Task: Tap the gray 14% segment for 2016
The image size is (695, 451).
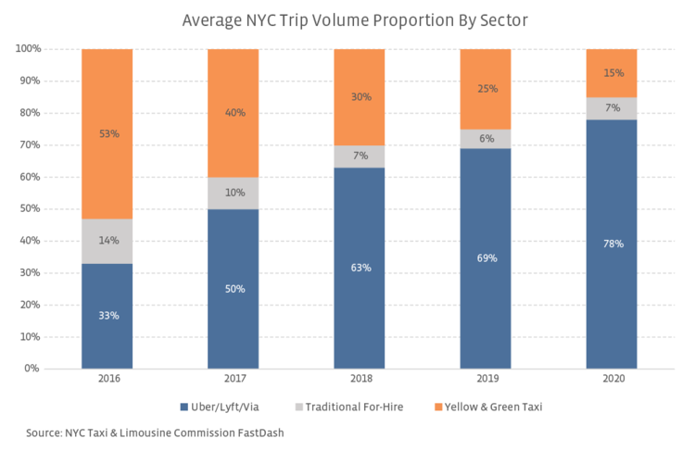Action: [107, 241]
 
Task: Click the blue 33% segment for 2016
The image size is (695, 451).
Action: [107, 316]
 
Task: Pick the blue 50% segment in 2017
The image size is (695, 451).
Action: [234, 288]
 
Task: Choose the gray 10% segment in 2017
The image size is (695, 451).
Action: [234, 193]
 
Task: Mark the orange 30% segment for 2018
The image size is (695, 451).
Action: [360, 96]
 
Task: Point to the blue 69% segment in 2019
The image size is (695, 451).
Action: [486, 258]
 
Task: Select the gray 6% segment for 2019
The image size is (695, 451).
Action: [486, 138]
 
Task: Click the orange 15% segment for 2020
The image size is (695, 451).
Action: [612, 73]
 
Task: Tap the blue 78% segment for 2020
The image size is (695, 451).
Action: [612, 244]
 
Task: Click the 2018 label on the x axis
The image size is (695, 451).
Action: [360, 379]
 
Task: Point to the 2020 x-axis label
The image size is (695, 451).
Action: [612, 379]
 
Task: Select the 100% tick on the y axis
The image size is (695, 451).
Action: [27, 49]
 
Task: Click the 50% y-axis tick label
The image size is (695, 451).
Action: [30, 208]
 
